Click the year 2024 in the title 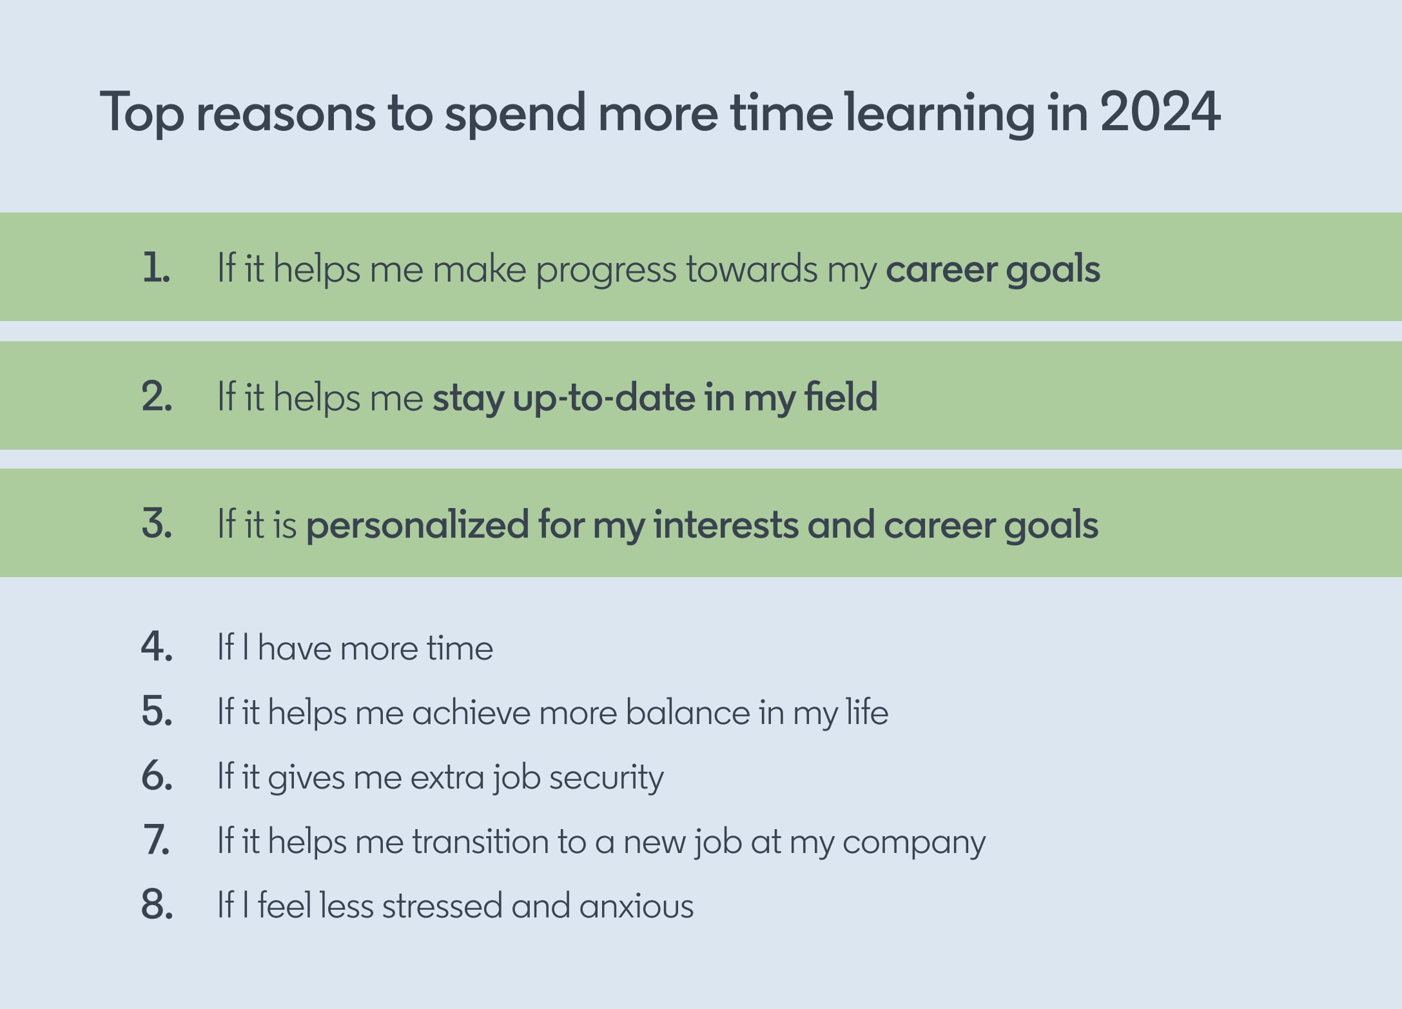(1160, 112)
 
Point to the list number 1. (156, 268)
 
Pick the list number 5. (157, 712)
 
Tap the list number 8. (157, 905)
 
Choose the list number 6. (157, 776)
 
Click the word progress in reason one (606, 271)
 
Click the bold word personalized (417, 525)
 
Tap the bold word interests (725, 524)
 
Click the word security (606, 778)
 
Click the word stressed (442, 905)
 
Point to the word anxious (636, 906)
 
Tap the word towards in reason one (751, 268)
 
